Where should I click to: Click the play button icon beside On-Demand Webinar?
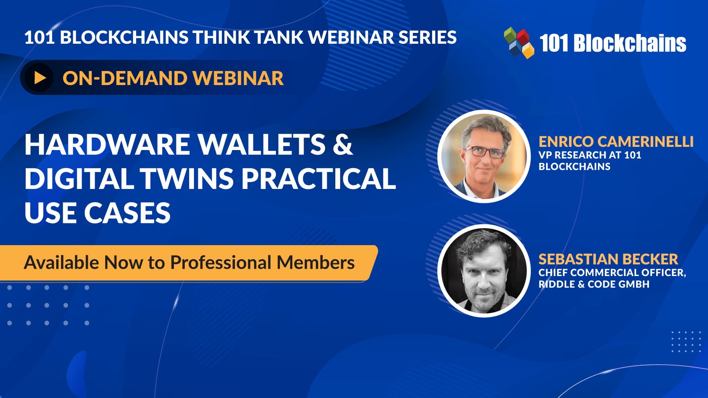tap(39, 77)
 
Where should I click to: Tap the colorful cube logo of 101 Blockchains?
tap(519, 43)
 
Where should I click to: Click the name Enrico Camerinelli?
tap(616, 142)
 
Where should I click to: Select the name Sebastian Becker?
tap(608, 259)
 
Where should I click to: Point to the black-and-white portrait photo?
tap(484, 271)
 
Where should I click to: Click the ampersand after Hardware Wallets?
tap(343, 144)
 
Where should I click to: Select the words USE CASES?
tap(98, 213)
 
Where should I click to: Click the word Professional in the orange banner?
tap(221, 263)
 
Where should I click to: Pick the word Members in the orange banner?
tap(316, 263)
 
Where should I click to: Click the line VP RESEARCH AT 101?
tap(590, 155)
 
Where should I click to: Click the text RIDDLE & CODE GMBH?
tap(594, 284)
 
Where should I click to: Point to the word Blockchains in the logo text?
tap(630, 43)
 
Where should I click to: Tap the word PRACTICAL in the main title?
tap(318, 179)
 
